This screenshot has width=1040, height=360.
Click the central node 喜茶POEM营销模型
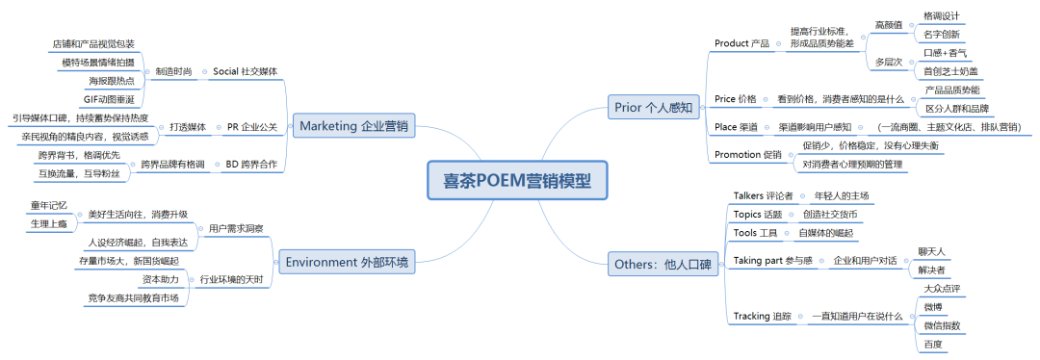516,180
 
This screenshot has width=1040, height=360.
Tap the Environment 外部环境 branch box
348,262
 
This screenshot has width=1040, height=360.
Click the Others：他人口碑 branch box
664,265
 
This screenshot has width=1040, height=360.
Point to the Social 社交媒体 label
245,71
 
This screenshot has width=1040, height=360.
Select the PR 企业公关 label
252,126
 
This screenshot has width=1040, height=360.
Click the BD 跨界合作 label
249,165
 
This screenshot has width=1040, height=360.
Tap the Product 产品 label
741,43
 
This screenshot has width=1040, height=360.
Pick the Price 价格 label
736,99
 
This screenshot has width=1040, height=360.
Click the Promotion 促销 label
748,154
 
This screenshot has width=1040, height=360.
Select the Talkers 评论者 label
762,195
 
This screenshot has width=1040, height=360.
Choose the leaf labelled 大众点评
942,288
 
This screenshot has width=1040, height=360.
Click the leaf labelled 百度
931,344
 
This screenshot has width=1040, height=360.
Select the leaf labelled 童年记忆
48,205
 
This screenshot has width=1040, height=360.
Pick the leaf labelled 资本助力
159,279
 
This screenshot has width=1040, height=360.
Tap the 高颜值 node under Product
887,24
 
